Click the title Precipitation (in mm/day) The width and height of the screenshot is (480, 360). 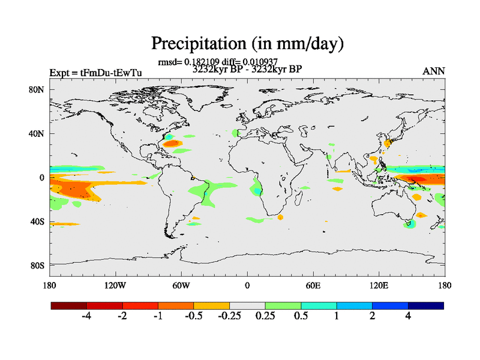pos(247,44)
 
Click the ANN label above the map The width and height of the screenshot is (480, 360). pos(434,71)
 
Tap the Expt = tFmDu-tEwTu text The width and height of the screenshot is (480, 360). pos(95,73)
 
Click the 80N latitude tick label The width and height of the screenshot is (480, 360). pos(38,90)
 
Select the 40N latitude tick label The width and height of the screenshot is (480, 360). pos(38,134)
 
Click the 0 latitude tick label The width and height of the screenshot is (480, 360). pos(43,178)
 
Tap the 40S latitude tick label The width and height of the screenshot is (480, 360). pos(38,221)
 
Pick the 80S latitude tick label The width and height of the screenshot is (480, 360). pos(38,265)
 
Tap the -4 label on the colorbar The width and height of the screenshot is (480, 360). pos(86,317)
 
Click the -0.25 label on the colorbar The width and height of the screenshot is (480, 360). pos(228,317)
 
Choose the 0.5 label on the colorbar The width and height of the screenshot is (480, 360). pos(301,317)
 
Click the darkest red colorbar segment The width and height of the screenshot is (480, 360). pos(69,305)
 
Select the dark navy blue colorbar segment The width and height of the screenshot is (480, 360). pos(425,305)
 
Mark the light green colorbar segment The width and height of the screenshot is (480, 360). pos(283,305)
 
